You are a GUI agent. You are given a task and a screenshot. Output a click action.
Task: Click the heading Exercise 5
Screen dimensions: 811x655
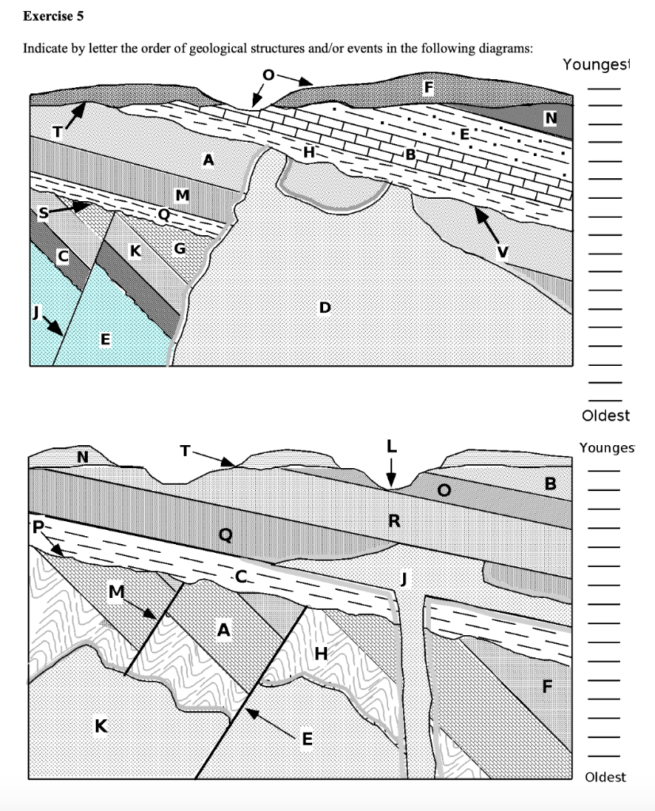point(53,16)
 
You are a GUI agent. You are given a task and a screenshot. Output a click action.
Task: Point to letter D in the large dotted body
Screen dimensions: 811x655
point(323,307)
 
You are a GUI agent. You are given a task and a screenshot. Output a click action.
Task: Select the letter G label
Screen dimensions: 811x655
point(180,250)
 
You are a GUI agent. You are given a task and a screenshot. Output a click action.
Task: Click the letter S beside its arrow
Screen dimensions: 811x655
point(44,212)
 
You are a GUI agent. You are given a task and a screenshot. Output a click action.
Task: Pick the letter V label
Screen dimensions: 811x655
point(501,253)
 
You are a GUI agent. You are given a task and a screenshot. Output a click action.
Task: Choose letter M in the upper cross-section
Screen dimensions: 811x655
point(183,194)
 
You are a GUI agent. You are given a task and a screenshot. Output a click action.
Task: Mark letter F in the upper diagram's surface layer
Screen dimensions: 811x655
point(428,88)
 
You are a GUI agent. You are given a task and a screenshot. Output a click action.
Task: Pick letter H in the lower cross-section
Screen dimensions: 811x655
point(321,653)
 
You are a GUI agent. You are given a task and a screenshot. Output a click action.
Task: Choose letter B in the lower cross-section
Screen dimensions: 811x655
point(551,483)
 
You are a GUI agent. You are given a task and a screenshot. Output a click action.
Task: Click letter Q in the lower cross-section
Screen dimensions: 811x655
point(225,535)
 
